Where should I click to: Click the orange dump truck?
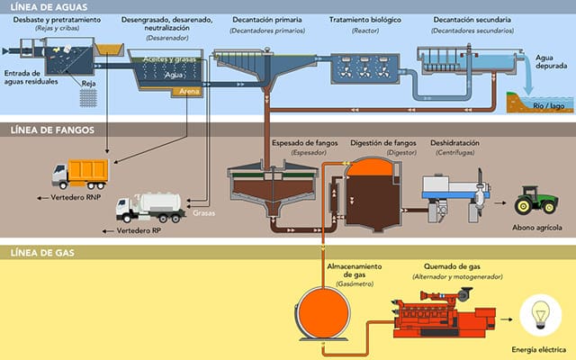80,174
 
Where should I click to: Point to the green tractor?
538,200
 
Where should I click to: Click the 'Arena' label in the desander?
191,90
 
